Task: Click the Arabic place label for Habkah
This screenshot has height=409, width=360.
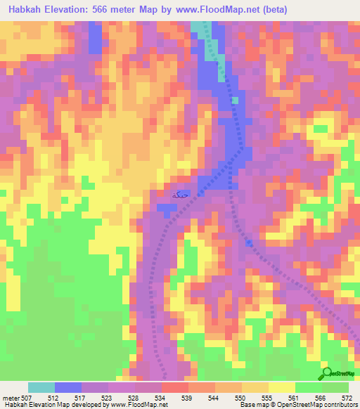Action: click(x=180, y=193)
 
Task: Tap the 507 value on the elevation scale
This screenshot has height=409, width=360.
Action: click(x=28, y=397)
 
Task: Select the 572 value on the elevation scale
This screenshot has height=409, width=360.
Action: click(x=347, y=397)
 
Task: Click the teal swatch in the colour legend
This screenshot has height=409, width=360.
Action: click(x=41, y=387)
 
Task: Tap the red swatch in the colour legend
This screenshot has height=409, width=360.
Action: click(x=175, y=387)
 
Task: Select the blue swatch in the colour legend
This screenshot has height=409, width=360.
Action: click(x=68, y=387)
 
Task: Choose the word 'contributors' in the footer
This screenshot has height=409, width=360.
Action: click(x=337, y=405)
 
